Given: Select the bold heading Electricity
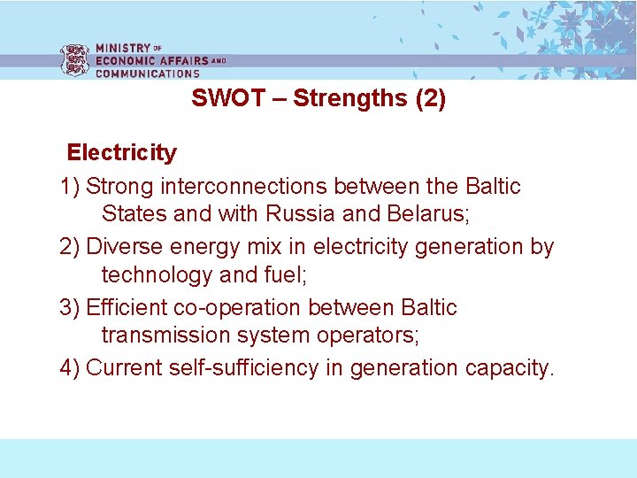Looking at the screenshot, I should click(x=122, y=153).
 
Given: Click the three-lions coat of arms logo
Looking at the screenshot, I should click(x=74, y=60).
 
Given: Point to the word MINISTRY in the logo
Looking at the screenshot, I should click(x=123, y=48).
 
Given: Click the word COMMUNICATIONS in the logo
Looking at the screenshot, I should click(x=148, y=73).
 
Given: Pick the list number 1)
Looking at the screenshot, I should click(x=70, y=187).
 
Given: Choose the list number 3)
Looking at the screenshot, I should click(x=70, y=308).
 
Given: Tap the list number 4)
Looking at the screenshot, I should click(x=70, y=367).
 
